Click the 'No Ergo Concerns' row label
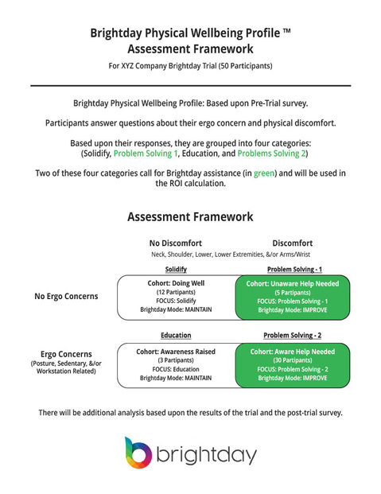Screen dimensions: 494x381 [x=66, y=296]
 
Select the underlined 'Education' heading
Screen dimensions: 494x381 [x=177, y=336]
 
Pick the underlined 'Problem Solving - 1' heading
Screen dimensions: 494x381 [x=294, y=270]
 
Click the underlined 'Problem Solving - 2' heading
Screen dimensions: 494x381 [x=294, y=336]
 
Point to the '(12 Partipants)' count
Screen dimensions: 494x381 [x=177, y=293]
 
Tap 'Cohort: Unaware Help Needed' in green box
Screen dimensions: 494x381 [x=294, y=283]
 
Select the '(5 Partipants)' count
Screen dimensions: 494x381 [x=294, y=293]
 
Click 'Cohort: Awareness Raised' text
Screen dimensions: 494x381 [x=177, y=350]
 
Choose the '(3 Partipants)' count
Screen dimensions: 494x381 [x=177, y=360]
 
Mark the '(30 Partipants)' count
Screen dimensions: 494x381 [x=294, y=360]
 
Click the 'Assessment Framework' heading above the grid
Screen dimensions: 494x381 [x=190, y=216]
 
